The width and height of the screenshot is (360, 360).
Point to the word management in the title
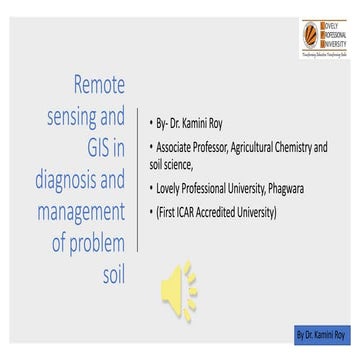click(69, 214)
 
